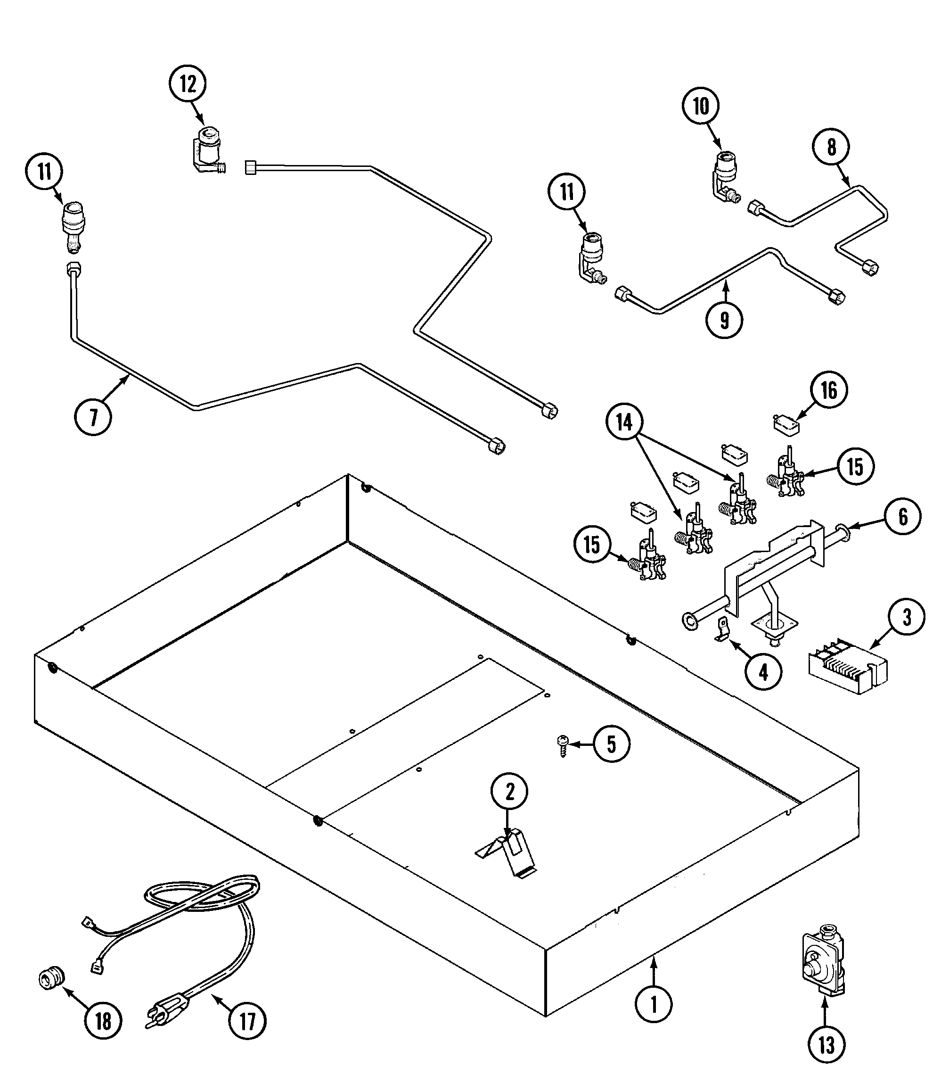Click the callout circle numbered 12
pyautogui.click(x=188, y=84)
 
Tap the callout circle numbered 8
pyautogui.click(x=831, y=148)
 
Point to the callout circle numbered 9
pyautogui.click(x=725, y=319)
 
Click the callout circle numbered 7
pyautogui.click(x=93, y=417)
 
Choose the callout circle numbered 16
pyautogui.click(x=829, y=390)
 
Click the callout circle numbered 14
pyautogui.click(x=624, y=422)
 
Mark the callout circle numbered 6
pyautogui.click(x=903, y=517)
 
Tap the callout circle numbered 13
pyautogui.click(x=826, y=1045)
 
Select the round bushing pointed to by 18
pyautogui.click(x=52, y=977)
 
